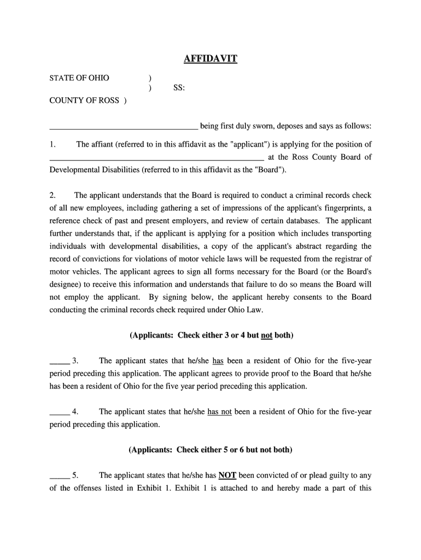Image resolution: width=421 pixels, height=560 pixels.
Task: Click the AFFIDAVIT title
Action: click(210, 59)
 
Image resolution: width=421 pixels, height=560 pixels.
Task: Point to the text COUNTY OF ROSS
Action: click(85, 101)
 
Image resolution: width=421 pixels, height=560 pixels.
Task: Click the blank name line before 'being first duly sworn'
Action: click(124, 127)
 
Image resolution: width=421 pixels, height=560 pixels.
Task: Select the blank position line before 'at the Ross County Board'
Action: click(156, 157)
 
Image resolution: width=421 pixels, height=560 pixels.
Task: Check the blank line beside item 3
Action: click(59, 361)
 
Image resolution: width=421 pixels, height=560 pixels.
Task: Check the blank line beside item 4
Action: click(59, 412)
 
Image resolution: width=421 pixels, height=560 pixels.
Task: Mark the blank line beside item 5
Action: click(59, 475)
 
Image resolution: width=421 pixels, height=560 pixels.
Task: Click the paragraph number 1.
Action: click(52, 144)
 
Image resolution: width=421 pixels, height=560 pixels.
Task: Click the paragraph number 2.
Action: click(52, 195)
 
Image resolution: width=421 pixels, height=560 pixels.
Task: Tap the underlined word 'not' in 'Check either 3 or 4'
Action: click(267, 335)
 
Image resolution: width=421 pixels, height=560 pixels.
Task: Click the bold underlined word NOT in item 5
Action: click(227, 475)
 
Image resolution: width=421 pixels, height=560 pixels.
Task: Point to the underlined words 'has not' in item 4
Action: click(220, 412)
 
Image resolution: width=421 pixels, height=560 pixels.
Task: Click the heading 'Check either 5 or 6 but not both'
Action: click(210, 450)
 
